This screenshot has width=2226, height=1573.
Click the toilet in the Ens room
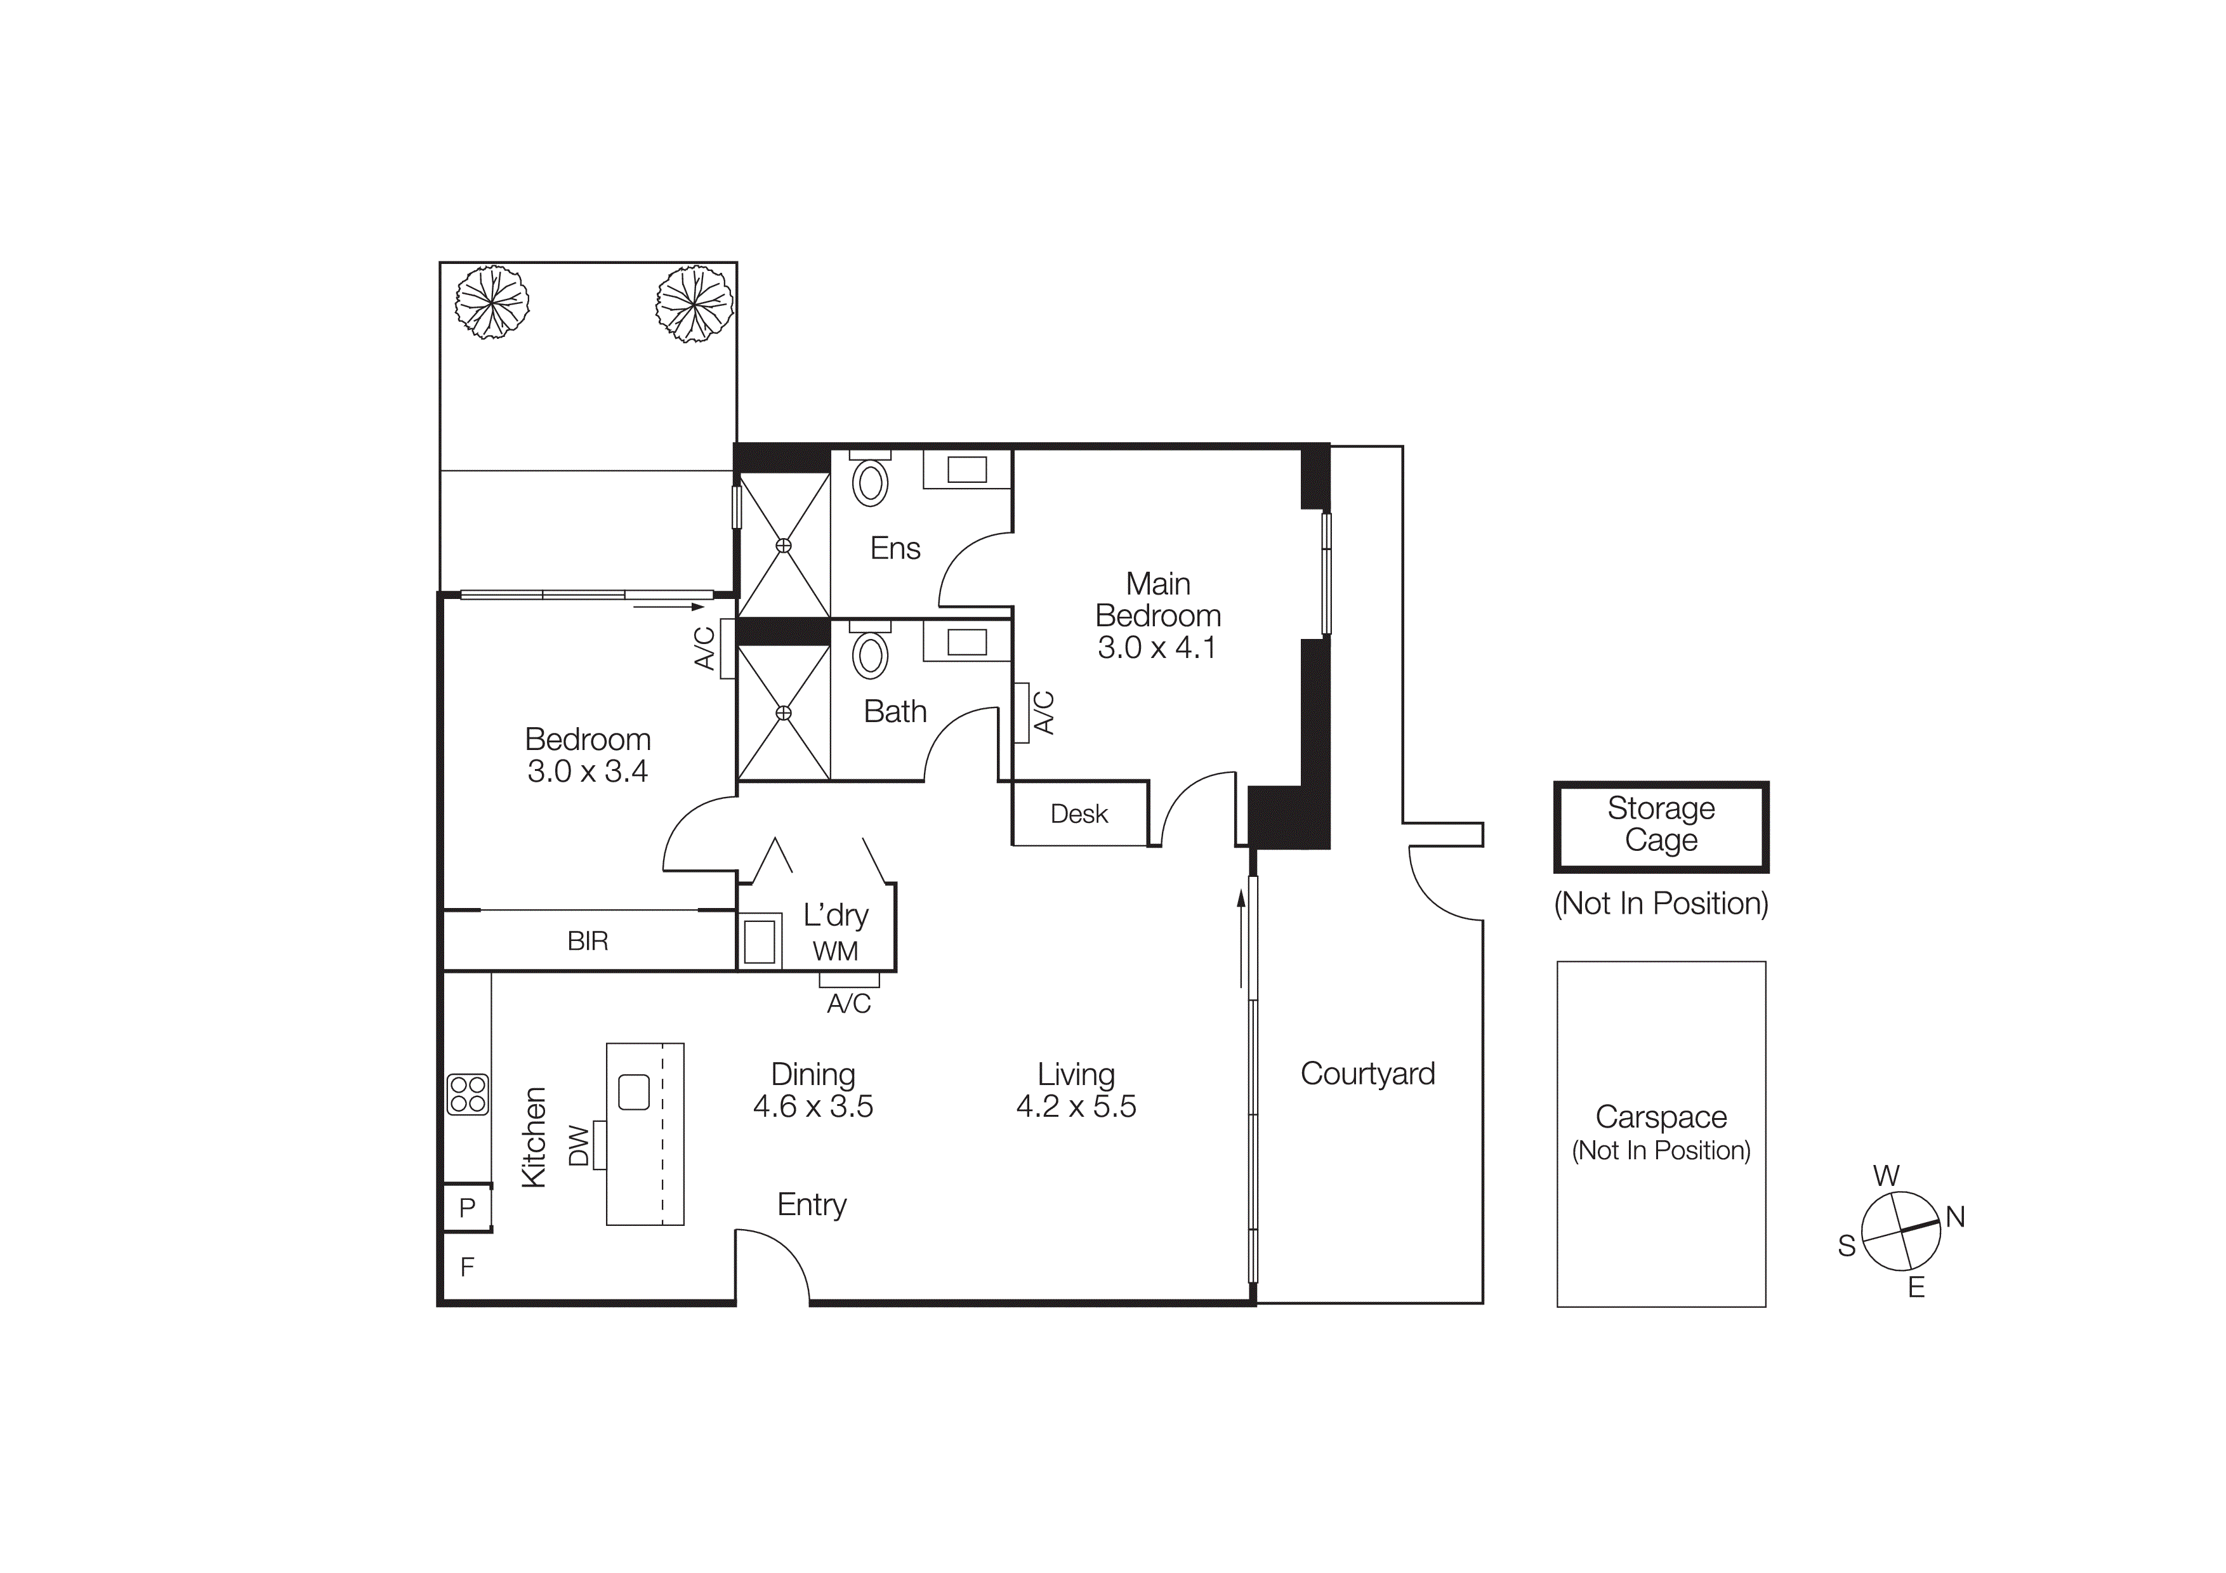[x=870, y=482]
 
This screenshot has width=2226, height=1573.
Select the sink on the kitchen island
[x=633, y=1092]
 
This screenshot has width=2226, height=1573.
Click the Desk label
[x=1079, y=814]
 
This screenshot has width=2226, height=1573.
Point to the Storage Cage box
[x=1661, y=826]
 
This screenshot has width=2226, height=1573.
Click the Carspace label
[x=1661, y=1117]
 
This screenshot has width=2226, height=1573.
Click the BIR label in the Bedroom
[x=588, y=941]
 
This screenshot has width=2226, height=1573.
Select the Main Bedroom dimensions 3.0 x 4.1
[x=1157, y=647]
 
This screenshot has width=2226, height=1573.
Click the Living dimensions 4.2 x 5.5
[x=1076, y=1107]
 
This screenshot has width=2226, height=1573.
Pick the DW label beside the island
[x=578, y=1145]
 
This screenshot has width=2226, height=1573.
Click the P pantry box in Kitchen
[x=467, y=1208]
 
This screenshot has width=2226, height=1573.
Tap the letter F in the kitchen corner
[x=467, y=1267]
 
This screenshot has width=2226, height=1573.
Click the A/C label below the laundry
[x=848, y=1004]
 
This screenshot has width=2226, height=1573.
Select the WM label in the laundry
[x=835, y=952]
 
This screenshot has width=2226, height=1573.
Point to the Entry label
[x=812, y=1205]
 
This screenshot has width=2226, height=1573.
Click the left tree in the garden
[x=492, y=303]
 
